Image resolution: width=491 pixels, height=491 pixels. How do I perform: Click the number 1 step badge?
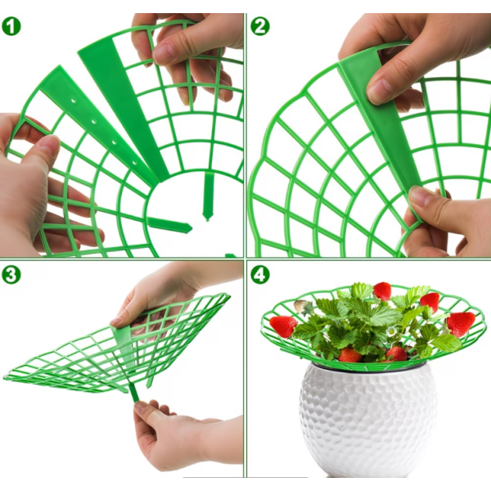11,26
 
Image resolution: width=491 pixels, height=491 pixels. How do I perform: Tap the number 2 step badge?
260,26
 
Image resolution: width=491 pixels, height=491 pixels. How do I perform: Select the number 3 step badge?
11,275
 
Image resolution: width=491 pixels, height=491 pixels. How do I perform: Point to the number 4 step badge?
260,275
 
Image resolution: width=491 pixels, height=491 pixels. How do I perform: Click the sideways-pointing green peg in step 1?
169,225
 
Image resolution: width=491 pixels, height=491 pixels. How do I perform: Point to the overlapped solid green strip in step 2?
381,125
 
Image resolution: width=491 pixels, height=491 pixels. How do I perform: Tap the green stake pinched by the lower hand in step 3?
133,394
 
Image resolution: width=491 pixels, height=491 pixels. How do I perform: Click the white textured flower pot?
368,420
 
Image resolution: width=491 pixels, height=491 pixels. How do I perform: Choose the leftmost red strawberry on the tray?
283,327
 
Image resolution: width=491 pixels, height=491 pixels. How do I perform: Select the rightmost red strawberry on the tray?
461,324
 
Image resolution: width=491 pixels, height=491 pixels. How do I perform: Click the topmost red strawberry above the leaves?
382,291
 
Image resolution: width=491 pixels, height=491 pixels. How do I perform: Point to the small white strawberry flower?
391,331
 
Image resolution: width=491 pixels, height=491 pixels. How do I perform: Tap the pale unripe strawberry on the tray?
300,306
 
